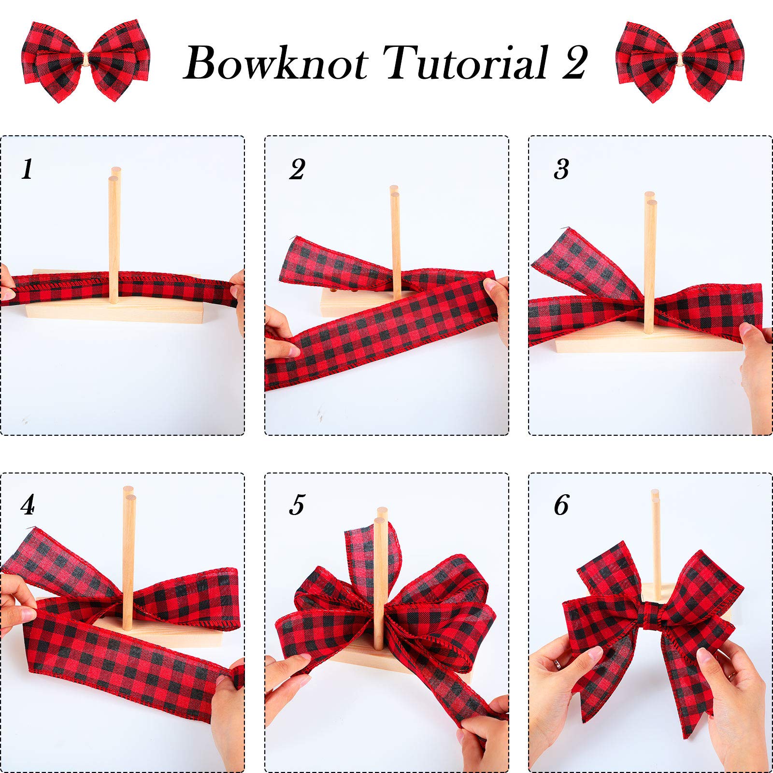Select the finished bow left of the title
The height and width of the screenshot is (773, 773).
coord(86,61)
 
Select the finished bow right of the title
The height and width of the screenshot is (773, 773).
coord(680,61)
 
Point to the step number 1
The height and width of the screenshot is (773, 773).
coord(27,169)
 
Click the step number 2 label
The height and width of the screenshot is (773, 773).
coord(297,169)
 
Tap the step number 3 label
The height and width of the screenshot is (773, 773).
coord(561,169)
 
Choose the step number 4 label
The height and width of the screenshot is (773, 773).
coord(28,505)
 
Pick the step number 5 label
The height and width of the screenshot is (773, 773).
coord(297,505)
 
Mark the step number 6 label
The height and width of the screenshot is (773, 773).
coord(561,505)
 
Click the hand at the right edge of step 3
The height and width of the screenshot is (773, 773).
coord(757,372)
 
